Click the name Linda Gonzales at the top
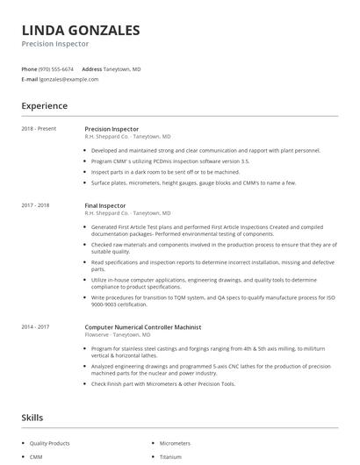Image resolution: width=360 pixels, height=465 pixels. (80, 30)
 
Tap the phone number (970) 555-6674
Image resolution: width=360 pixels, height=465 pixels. (57, 68)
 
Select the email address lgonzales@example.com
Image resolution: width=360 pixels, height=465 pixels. (68, 79)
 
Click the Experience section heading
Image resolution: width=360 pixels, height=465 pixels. (44, 106)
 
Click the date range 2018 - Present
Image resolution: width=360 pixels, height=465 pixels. (40, 129)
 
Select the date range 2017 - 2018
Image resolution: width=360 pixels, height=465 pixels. (38, 205)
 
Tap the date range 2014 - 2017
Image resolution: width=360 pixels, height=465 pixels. (38, 326)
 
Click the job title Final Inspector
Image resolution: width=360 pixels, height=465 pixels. (105, 205)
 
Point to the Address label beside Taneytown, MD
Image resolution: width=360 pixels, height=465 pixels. (91, 68)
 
